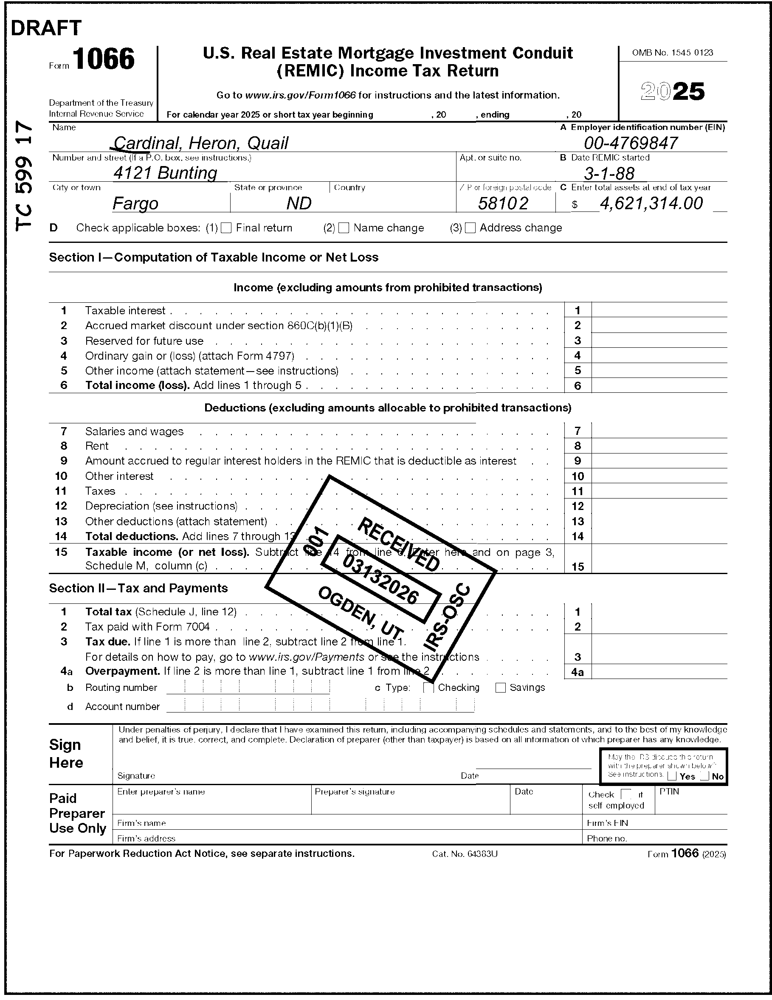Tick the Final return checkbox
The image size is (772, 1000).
[x=226, y=228]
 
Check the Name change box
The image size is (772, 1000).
[x=344, y=228]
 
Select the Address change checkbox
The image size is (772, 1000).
[x=470, y=228]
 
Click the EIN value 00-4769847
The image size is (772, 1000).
[x=631, y=144]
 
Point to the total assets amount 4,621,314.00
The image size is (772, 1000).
[x=651, y=203]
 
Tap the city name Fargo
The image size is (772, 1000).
[x=135, y=203]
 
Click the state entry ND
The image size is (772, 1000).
[x=299, y=203]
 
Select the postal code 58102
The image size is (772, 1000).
[x=503, y=203]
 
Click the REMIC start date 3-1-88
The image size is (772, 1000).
[x=609, y=174]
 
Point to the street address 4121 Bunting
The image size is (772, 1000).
[x=165, y=173]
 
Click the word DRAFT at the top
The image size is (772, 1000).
[x=46, y=28]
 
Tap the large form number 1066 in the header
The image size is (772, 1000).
[x=104, y=59]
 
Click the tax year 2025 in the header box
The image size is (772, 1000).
[x=672, y=92]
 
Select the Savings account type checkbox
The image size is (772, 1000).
[x=501, y=688]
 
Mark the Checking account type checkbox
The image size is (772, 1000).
[x=428, y=688]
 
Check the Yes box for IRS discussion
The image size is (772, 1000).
[x=672, y=776]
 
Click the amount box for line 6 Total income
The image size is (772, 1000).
[x=659, y=386]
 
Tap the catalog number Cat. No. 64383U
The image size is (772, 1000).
[x=464, y=854]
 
